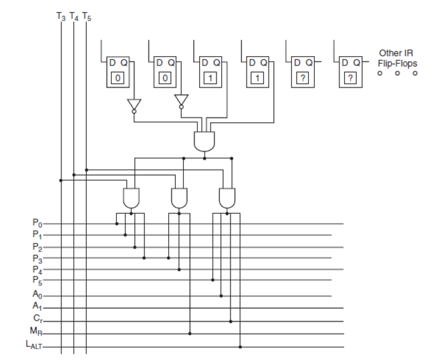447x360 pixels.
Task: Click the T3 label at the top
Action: click(x=61, y=17)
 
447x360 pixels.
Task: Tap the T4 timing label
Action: click(x=73, y=17)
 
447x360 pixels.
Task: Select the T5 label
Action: click(x=86, y=17)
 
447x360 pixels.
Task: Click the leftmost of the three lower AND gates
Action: click(x=132, y=197)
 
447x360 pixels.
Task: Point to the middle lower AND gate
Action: click(x=179, y=197)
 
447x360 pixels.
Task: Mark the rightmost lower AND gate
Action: click(x=227, y=197)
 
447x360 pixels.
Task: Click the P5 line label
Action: click(x=37, y=280)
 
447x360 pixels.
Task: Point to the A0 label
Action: click(x=37, y=295)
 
